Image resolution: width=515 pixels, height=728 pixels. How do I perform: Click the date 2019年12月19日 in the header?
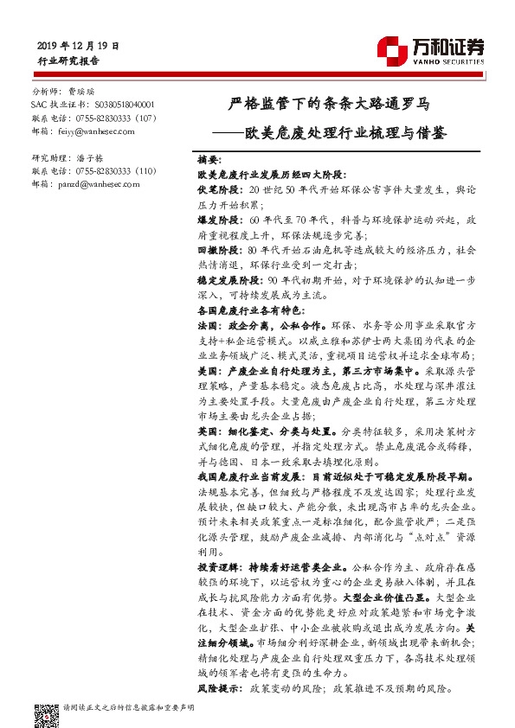(x=79, y=44)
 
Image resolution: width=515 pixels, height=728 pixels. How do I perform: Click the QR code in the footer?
(x=45, y=713)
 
